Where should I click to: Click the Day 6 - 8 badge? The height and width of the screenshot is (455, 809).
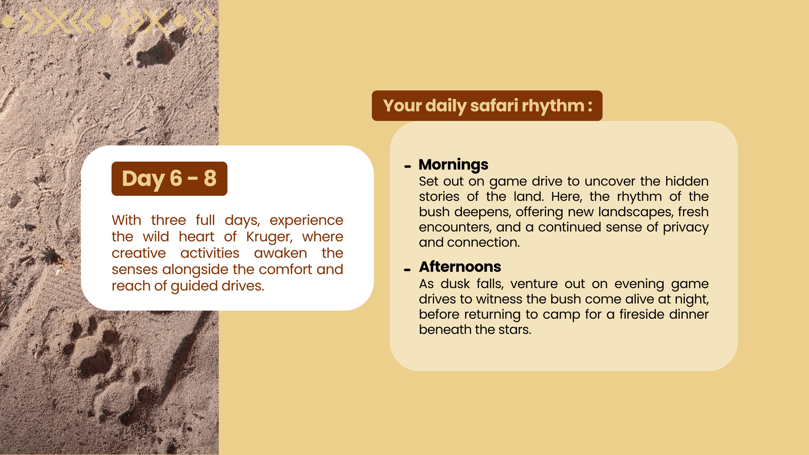[x=169, y=179]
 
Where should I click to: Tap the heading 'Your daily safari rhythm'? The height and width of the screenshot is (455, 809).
[x=483, y=106]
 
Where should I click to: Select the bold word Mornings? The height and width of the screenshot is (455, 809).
[x=453, y=164]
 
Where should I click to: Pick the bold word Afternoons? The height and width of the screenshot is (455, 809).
[x=460, y=267]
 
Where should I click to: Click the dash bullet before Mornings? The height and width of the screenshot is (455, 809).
[x=407, y=167]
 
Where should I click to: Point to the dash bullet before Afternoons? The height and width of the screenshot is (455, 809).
[x=407, y=270]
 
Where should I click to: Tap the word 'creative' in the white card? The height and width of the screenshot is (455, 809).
[x=139, y=253]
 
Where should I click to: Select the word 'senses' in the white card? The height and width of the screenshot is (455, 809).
[x=135, y=270]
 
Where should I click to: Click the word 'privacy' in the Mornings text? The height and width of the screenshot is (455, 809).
[x=686, y=227]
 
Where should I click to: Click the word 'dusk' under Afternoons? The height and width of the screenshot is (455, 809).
[x=455, y=284]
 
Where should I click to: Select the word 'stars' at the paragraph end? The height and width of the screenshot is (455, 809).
[x=515, y=330]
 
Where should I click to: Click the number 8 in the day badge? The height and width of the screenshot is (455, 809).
[x=210, y=178]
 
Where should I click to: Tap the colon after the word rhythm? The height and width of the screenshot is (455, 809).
[x=590, y=106]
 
